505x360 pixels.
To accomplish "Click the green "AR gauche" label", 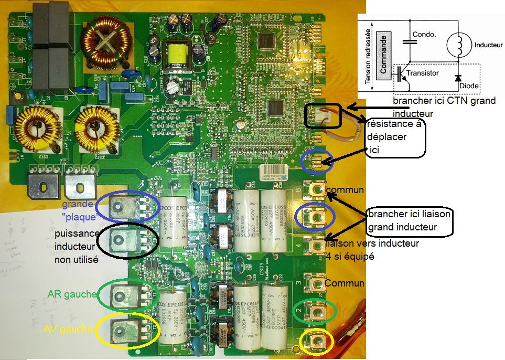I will click(x=72, y=294).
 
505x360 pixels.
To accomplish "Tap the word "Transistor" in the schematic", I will click(x=423, y=73).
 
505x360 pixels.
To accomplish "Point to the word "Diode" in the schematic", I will click(x=470, y=86).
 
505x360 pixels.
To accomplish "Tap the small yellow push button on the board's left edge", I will click(x=18, y=97).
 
